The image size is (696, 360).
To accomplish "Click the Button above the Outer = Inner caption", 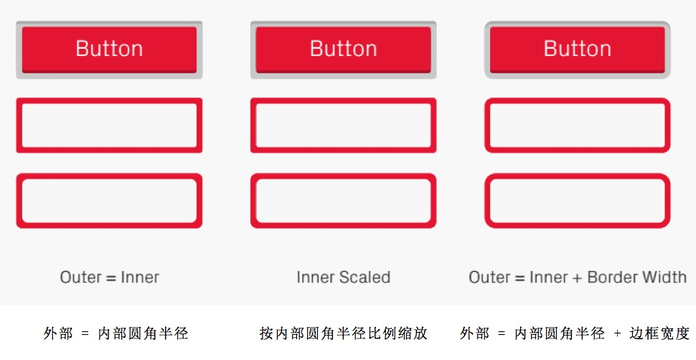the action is pos(109,49).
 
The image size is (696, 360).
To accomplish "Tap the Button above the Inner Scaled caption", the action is pos(343,49).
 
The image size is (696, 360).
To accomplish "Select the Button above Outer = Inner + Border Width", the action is pos(578,49).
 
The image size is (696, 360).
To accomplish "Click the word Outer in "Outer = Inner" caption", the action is pos(81,278).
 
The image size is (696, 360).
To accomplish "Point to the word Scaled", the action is pos(365,278).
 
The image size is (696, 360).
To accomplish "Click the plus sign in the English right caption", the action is pos(577,278).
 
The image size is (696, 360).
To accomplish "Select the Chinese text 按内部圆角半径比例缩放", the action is pos(343,333).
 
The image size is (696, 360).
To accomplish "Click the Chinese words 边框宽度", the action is pos(659,333).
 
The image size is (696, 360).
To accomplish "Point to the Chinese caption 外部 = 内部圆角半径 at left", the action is pos(116,333).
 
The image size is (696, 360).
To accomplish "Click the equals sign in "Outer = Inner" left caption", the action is pos(111,278).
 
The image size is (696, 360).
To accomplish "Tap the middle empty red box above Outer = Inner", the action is pos(109,101).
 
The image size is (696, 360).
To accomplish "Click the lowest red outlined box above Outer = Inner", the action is pos(109,176).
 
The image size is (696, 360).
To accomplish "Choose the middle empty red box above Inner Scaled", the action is pos(343,101).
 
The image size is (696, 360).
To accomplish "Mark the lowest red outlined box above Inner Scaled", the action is pos(343,176).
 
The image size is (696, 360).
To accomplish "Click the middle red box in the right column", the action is pos(578,101).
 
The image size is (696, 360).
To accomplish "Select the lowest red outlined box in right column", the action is pos(578,176).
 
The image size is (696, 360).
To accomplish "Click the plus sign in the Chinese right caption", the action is pos(618,333).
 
